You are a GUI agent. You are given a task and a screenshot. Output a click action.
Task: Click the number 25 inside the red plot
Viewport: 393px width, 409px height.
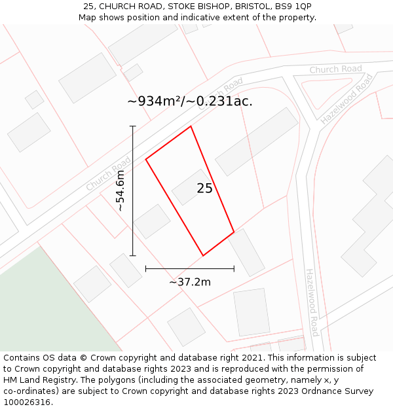click(204, 188)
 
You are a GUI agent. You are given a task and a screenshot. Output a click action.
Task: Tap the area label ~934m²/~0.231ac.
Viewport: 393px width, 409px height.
click(189, 101)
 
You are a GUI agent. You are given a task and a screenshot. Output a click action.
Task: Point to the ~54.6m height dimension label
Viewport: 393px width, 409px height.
click(121, 190)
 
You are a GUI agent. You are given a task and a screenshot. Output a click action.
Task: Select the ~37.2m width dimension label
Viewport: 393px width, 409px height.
click(190, 282)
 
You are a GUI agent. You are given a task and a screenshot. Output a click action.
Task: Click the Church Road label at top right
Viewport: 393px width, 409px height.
click(335, 69)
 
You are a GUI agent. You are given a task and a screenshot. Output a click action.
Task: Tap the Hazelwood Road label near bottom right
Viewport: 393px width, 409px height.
click(312, 302)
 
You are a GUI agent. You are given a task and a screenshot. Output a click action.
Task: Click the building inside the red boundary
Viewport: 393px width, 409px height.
click(192, 187)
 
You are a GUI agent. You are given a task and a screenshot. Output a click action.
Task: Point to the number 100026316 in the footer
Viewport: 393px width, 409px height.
click(27, 402)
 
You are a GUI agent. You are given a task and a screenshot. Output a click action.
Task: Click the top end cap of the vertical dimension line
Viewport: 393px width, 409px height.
click(133, 126)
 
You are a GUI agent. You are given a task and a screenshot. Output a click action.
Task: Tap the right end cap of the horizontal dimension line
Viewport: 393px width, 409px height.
click(234, 268)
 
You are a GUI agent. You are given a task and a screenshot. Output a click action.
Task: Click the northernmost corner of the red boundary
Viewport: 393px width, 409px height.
click(191, 126)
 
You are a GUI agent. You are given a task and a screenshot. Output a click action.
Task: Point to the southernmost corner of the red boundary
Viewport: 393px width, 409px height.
click(203, 255)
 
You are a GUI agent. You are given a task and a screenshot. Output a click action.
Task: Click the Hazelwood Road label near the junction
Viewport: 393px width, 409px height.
click(347, 99)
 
